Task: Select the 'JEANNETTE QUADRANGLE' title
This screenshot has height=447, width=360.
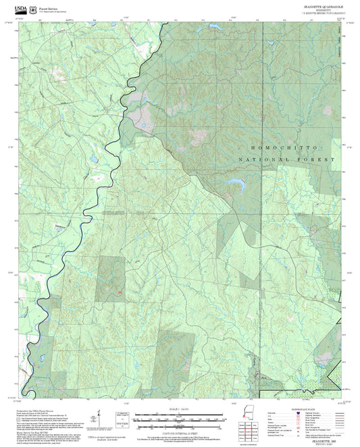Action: [322, 5]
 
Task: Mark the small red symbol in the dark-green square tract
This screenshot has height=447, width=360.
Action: [120, 292]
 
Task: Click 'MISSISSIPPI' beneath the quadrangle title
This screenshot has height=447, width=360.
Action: [322, 9]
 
